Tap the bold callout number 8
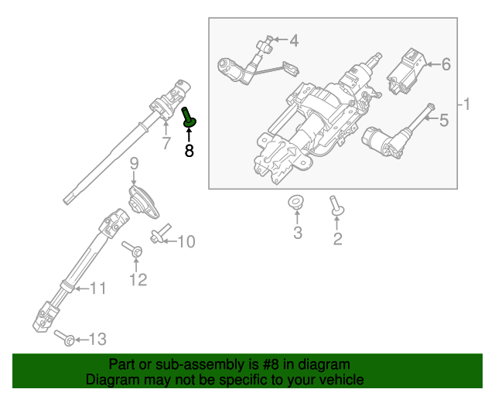189,150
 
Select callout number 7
166,144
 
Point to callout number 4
293,40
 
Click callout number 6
445,65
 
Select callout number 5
443,120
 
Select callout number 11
97,288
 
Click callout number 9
133,163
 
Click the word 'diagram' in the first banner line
323,364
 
